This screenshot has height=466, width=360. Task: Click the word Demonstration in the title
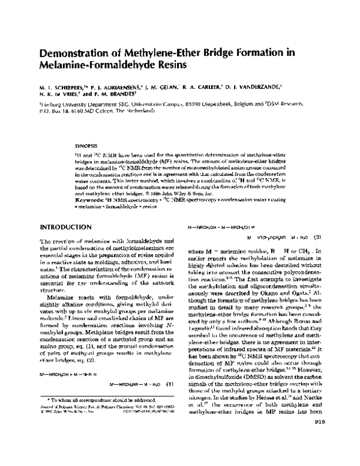pyautogui.click(x=73, y=52)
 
